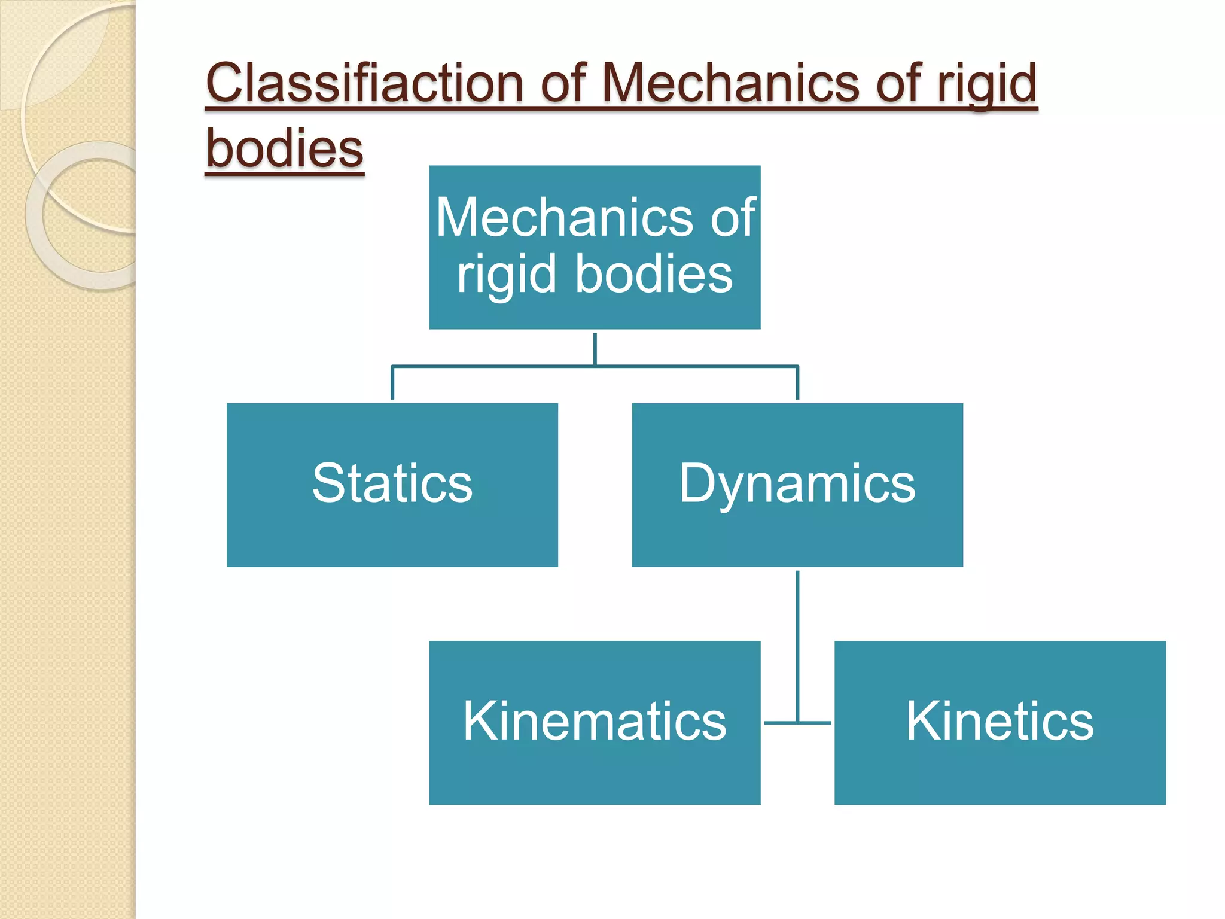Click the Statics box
coord(392,485)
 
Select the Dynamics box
coord(797,485)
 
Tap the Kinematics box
coord(595,722)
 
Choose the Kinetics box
coord(999,722)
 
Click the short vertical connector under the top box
coord(595,348)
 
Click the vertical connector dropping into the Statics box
coord(392,383)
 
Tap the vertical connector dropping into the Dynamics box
coord(797,383)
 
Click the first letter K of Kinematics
coord(480,721)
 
